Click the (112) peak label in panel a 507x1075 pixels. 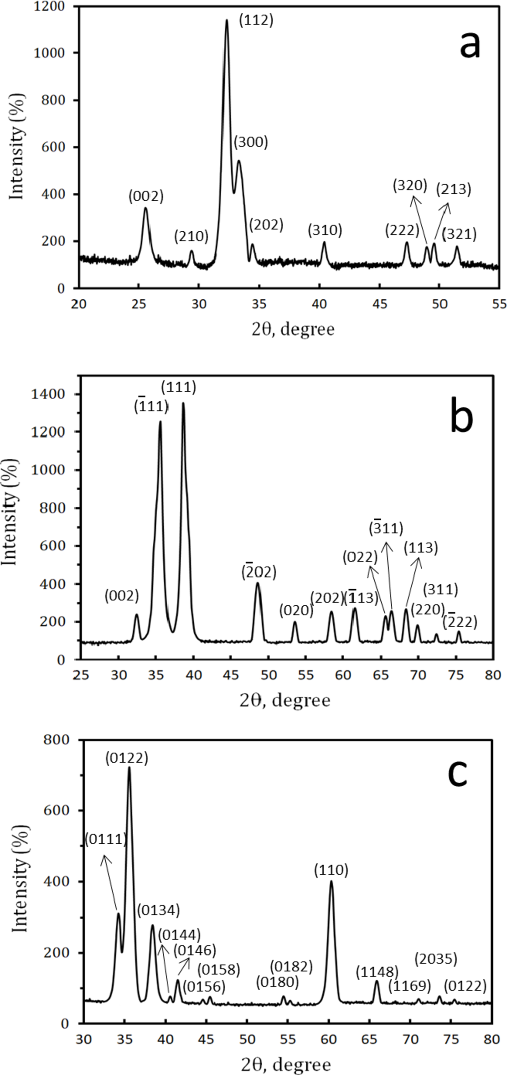[x=256, y=21]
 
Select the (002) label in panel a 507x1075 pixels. [x=146, y=197]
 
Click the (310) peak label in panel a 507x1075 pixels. [x=325, y=230]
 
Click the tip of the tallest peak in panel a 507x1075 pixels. [x=227, y=20]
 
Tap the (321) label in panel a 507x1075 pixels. [x=459, y=234]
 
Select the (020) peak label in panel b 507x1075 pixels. [x=296, y=610]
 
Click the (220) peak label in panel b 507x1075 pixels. [x=427, y=609]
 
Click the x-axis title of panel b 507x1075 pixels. [x=285, y=700]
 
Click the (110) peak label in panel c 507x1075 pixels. [x=331, y=870]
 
